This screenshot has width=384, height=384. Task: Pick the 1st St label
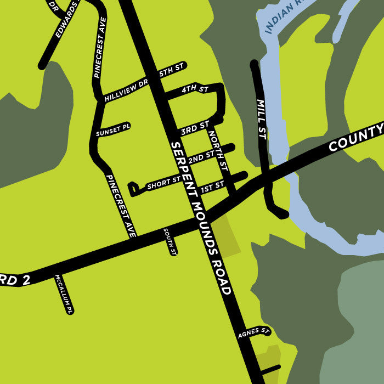(212, 187)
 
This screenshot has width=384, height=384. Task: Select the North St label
(217, 146)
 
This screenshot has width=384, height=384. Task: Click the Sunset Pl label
(113, 129)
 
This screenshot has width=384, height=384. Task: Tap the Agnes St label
(253, 332)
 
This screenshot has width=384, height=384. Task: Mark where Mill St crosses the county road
(266, 179)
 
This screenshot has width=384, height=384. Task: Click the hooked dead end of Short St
(132, 189)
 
